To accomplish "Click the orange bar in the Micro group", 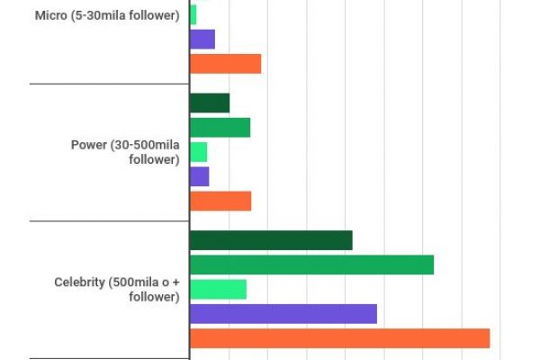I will [x=225, y=64].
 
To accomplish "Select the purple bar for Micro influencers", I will [x=202, y=40].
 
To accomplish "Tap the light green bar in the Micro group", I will [x=193, y=14].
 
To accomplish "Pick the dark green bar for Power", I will [x=210, y=103].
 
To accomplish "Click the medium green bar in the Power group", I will [x=220, y=128].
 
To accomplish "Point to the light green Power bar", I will [x=198, y=152].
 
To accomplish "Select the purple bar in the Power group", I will [x=199, y=176].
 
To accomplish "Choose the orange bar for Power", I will [x=220, y=201].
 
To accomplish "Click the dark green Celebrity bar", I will [x=271, y=240].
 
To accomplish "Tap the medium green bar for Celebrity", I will [x=311, y=265].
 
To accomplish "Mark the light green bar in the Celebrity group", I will [x=218, y=289].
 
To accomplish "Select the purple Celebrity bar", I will [x=283, y=313].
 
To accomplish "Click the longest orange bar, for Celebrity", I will [x=339, y=338].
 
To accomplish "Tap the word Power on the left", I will [x=88, y=145].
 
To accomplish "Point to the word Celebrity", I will [x=80, y=282].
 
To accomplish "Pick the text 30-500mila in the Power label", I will [x=148, y=145].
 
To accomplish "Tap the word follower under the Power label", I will [x=154, y=159].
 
